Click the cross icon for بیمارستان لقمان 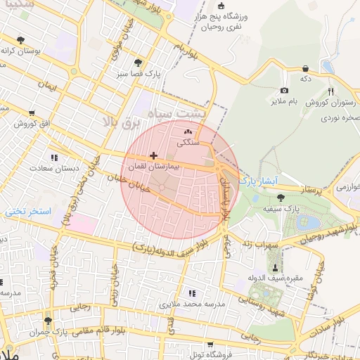point(153,155)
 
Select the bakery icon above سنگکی point(187,131)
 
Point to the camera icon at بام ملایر point(284,90)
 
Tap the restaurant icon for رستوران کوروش point(330,91)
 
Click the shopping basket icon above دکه point(305,68)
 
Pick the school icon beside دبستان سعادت point(53,157)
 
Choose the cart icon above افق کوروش point(32,112)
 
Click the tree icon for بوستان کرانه point(20,40)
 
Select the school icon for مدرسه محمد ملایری point(192,292)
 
